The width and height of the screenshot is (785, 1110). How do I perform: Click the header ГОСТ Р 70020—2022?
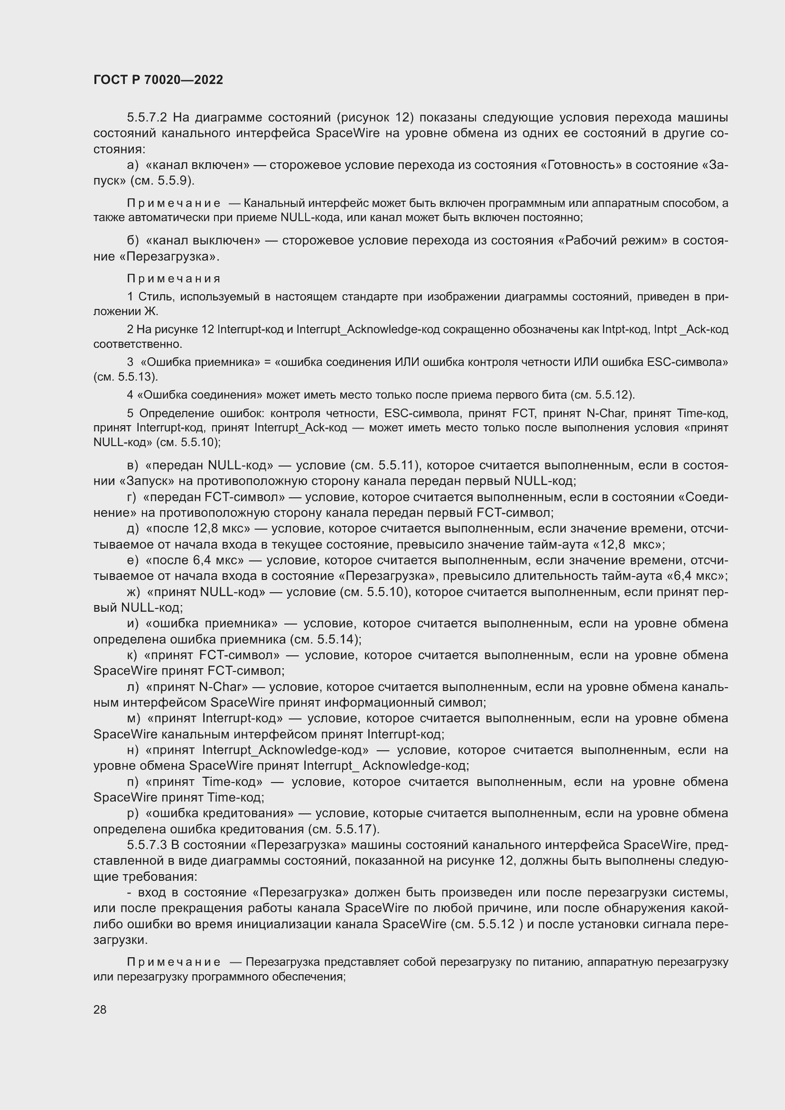point(158,80)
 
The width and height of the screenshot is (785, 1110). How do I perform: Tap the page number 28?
point(100,1009)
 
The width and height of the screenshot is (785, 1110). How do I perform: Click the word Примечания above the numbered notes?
point(174,279)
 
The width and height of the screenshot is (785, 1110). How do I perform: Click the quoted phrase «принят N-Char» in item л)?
point(197,687)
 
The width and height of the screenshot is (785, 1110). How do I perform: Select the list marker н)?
point(132,750)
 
